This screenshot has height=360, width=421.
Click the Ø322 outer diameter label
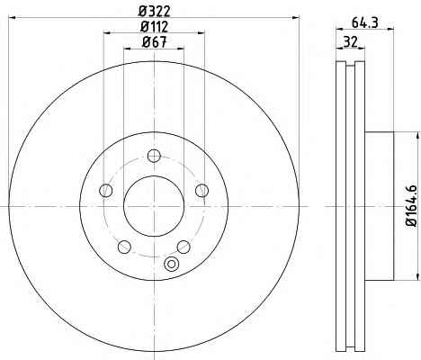click(155, 12)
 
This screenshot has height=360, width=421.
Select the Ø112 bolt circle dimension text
click(155, 27)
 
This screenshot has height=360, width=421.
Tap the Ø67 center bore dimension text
click(154, 42)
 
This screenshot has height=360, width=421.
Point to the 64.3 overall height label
click(364, 22)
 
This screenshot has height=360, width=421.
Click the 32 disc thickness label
click(350, 41)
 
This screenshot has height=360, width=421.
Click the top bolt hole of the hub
click(154, 156)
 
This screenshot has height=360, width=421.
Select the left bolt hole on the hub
click(105, 190)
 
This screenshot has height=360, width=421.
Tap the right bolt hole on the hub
click(202, 190)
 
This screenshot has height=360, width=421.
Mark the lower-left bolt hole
click(124, 247)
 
